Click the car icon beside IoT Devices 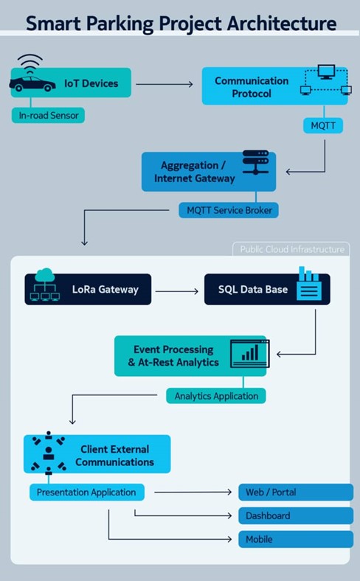tap(32, 84)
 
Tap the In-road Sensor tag tap(48, 115)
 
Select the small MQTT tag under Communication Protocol tap(323, 125)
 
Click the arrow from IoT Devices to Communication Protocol tap(165, 84)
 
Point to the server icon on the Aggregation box tap(255, 162)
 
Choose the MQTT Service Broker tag tap(229, 210)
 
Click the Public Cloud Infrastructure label tap(292, 249)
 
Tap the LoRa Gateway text tap(105, 289)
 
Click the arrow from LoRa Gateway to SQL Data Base tap(177, 291)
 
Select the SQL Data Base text tap(253, 289)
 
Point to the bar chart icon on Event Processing tap(250, 353)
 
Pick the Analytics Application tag tap(216, 396)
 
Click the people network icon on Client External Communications tap(49, 453)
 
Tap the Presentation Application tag tap(87, 492)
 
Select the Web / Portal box tap(296, 492)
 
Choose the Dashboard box tap(296, 515)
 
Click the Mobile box tap(296, 539)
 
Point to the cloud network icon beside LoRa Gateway tap(45, 284)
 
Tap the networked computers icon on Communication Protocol tap(325, 80)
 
